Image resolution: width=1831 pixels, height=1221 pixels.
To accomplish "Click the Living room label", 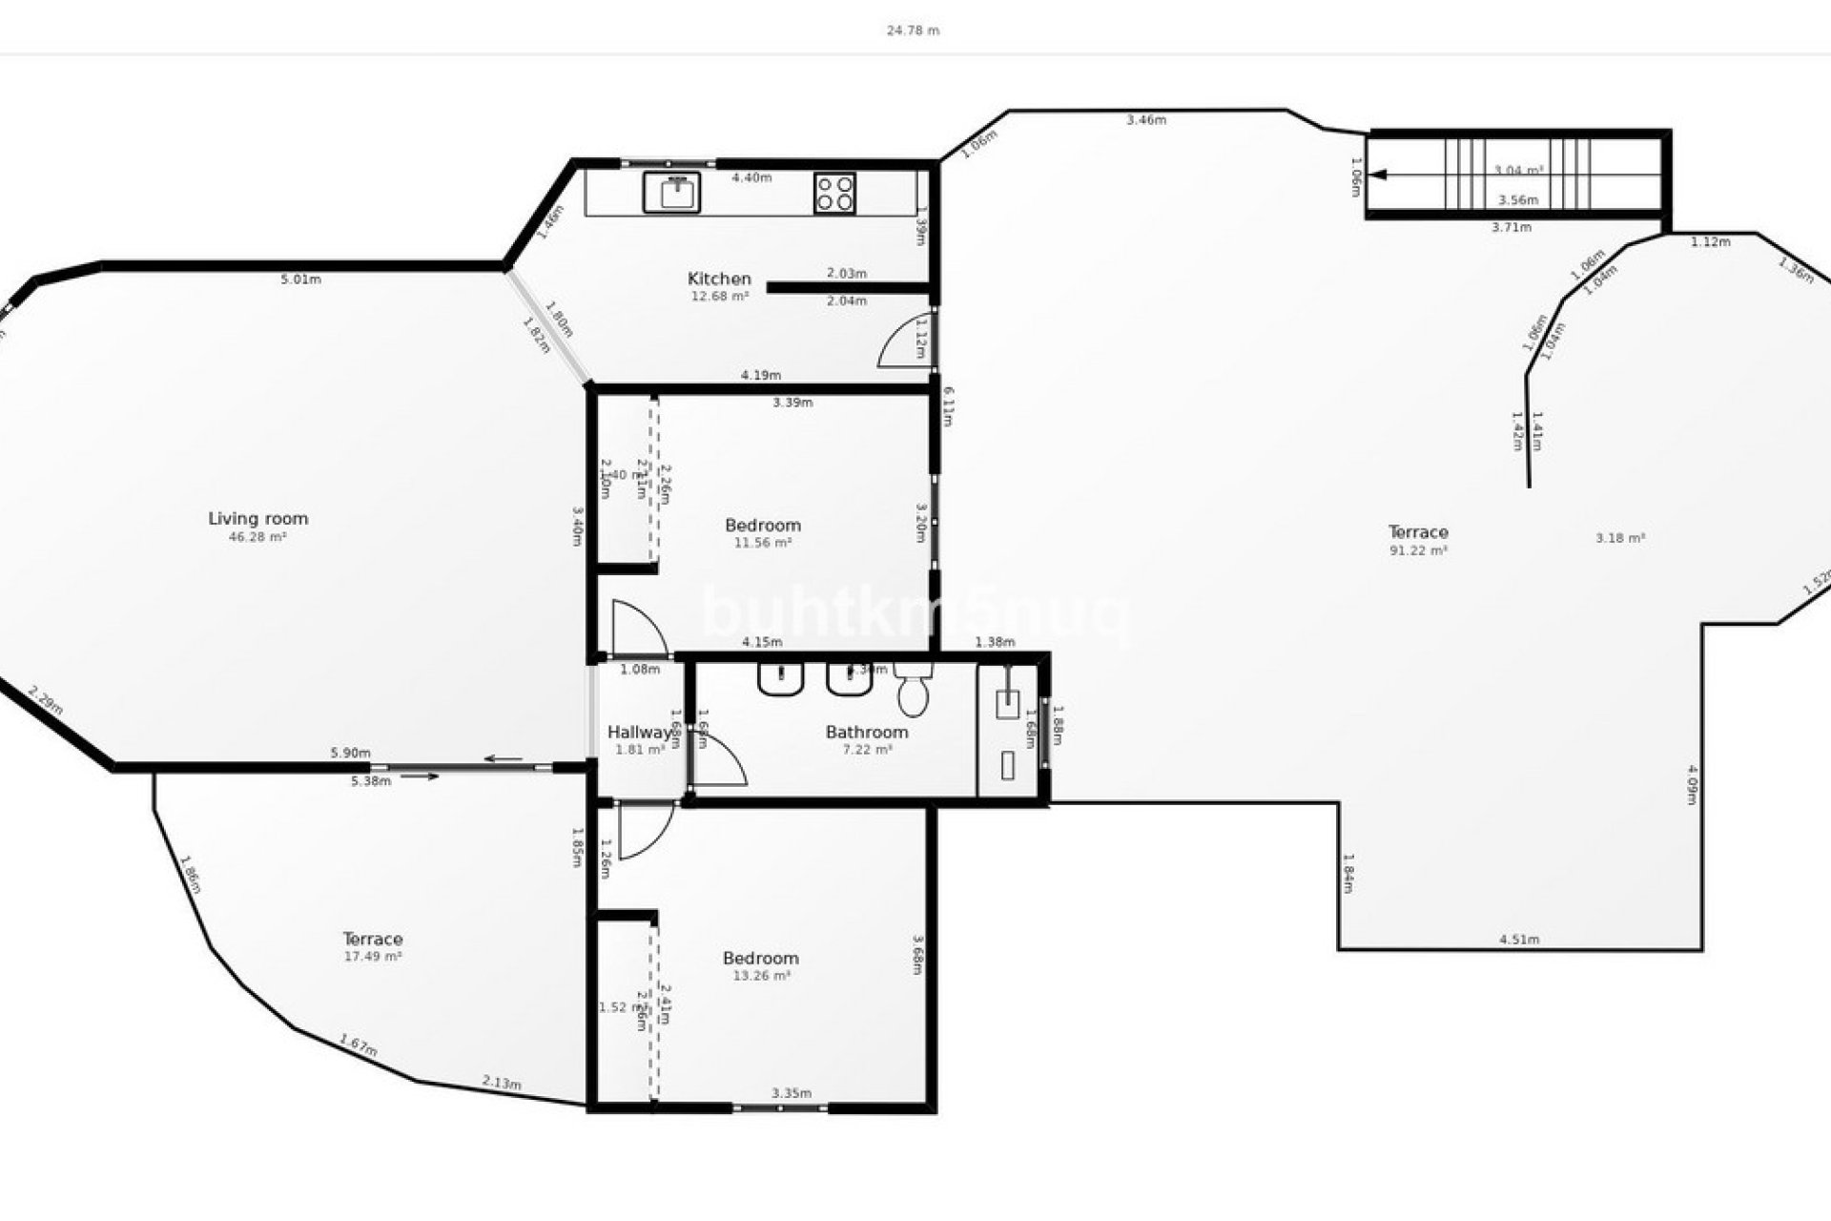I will [x=258, y=519].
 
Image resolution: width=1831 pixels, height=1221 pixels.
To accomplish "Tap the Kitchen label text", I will [x=719, y=279].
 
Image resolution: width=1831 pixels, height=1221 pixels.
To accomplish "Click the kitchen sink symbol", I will [x=672, y=193].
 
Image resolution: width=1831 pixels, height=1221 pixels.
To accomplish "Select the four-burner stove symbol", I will [x=834, y=193].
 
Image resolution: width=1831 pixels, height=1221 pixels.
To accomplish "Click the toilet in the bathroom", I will [x=914, y=692].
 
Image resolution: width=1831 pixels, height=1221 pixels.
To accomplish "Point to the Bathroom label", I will [x=866, y=733].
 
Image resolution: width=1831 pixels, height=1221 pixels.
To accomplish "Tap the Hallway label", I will [x=639, y=733].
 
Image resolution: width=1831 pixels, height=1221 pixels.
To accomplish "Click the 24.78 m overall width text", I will [x=913, y=31].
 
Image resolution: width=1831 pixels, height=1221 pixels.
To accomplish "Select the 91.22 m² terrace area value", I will [x=1418, y=550].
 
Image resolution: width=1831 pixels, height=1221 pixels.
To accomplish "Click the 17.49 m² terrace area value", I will [x=372, y=957].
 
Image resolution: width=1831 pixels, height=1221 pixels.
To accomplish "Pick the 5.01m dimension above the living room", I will [x=300, y=279].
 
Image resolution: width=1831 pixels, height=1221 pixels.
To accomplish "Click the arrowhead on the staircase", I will [x=1379, y=175].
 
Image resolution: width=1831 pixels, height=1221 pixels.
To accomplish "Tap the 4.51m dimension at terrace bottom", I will [x=1519, y=940].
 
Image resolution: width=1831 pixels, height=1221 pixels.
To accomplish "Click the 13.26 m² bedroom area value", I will [x=761, y=976].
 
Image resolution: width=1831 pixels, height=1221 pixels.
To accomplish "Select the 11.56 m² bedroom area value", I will [x=762, y=543].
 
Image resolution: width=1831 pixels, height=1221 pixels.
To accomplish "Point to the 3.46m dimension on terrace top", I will [x=1145, y=120].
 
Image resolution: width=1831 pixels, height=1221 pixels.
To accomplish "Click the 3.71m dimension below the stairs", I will [x=1512, y=228].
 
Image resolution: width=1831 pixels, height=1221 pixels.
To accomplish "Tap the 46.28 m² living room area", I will [x=257, y=537].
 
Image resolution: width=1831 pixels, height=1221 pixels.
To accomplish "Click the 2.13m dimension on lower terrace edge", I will [x=502, y=1083].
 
